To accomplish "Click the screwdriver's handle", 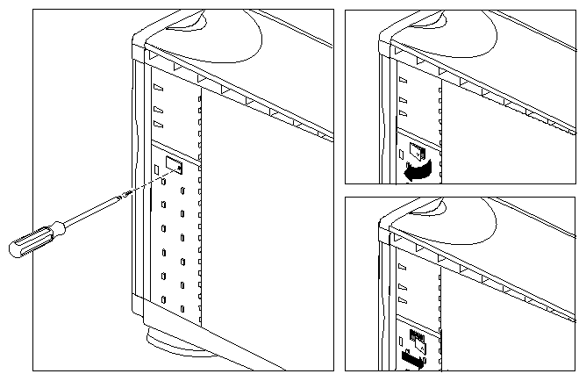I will point(32,239).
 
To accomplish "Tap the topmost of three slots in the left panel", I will point(158,89).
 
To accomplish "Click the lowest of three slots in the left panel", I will point(158,125).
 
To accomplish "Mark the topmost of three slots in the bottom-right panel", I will point(402,265).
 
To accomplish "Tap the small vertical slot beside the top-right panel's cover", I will point(401,154).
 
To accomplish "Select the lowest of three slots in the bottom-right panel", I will point(402,299).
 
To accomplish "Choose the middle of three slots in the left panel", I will point(158,110).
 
